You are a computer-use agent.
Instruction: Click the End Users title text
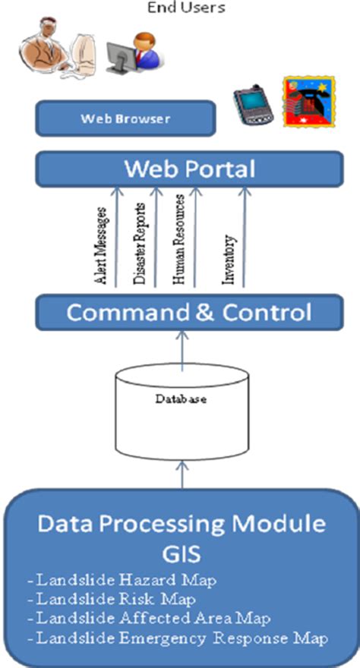[181, 8]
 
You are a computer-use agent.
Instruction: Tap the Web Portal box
[189, 168]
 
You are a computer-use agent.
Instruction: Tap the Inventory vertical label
[228, 260]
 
